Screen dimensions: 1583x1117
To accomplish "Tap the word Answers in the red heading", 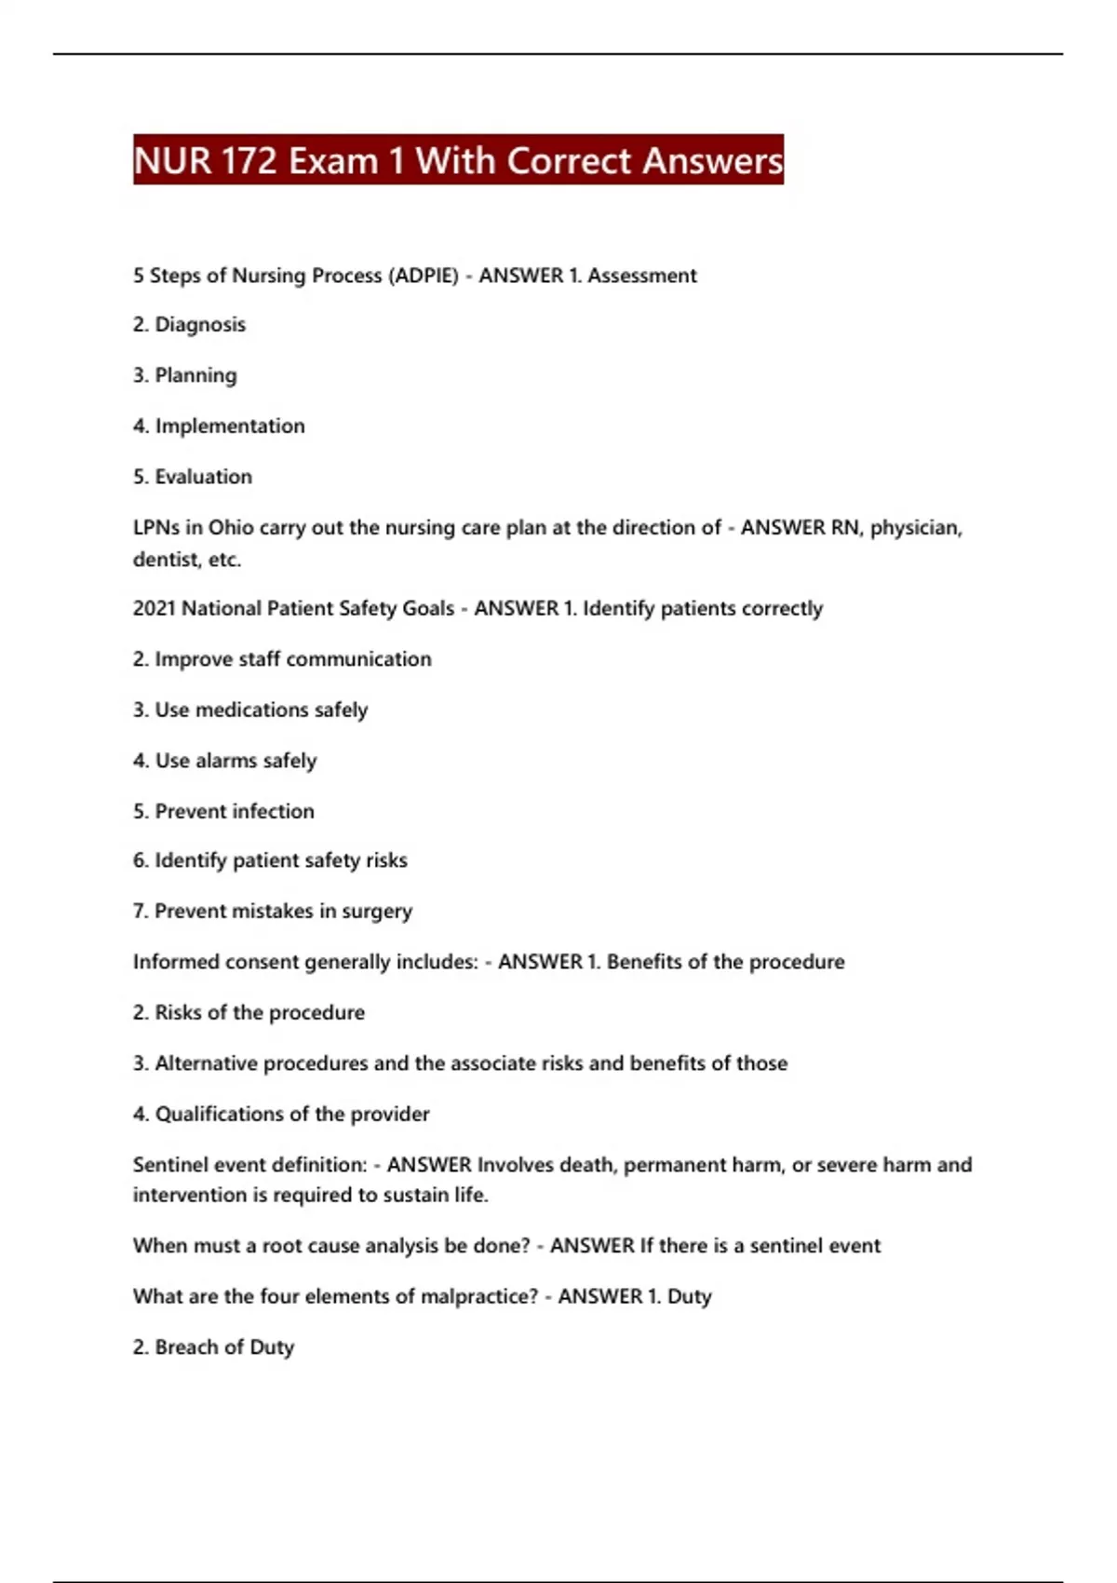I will pos(712,161).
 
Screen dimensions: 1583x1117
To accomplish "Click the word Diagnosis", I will pos(200,325).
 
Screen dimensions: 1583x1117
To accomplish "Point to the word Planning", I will pos(195,375).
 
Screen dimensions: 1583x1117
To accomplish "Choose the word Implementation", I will pos(230,426).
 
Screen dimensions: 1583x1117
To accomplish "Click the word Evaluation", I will pos(203,477).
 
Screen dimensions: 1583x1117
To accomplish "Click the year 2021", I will pos(154,609).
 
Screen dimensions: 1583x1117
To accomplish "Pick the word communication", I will pos(358,659).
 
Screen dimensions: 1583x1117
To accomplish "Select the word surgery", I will pos(377,912).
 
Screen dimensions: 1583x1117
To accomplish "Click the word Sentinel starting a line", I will pos(171,1165).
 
